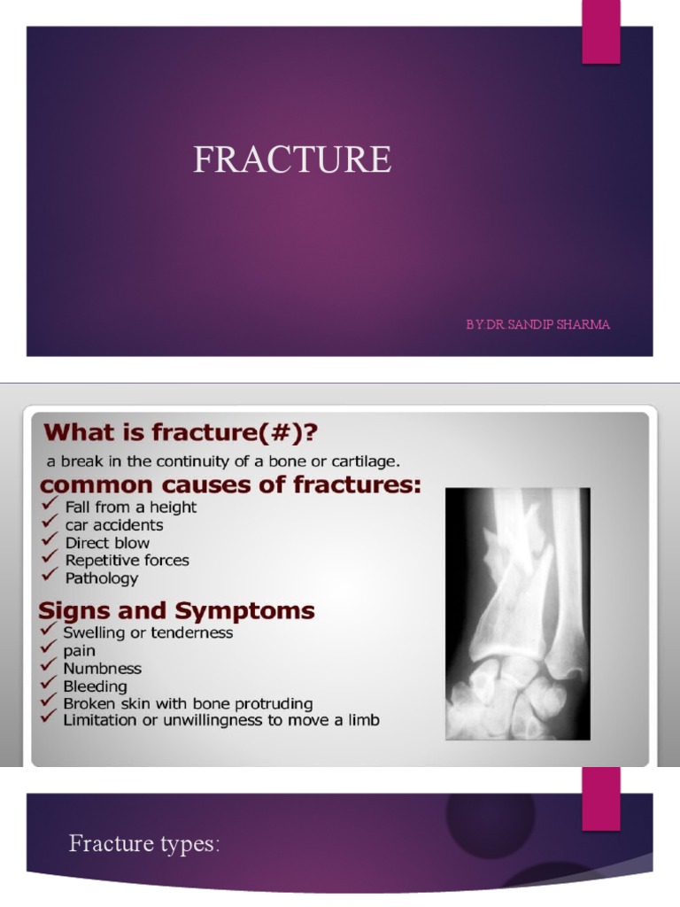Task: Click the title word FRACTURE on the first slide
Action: point(292,160)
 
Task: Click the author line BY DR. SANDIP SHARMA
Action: point(538,325)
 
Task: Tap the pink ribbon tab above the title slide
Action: point(600,32)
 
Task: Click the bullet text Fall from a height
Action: point(131,508)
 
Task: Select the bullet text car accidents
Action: point(114,525)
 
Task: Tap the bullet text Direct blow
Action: point(107,543)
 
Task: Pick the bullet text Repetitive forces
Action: point(127,561)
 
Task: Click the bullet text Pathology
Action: point(102,578)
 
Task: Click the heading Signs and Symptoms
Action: point(176,611)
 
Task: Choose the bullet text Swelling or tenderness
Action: point(148,633)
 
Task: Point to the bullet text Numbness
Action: point(102,669)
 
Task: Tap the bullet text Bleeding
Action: point(95,686)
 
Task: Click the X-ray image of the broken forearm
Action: point(517,613)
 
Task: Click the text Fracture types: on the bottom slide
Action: point(144,844)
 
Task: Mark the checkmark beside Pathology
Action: point(50,578)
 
